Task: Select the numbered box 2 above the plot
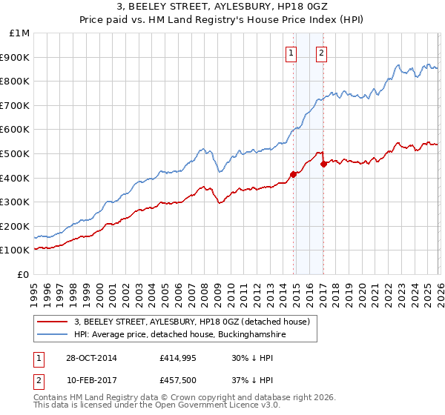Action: [321, 53]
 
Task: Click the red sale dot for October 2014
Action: [293, 174]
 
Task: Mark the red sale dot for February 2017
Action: [323, 164]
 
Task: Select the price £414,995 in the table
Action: [177, 358]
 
